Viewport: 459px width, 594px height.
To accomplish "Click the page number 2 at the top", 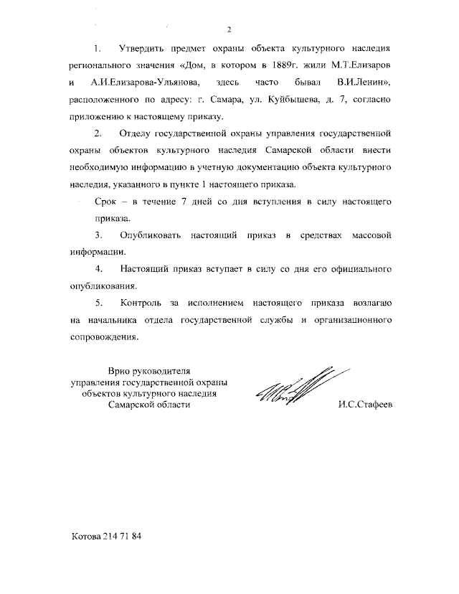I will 229,29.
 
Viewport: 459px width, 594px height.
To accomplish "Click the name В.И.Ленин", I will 361,83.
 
